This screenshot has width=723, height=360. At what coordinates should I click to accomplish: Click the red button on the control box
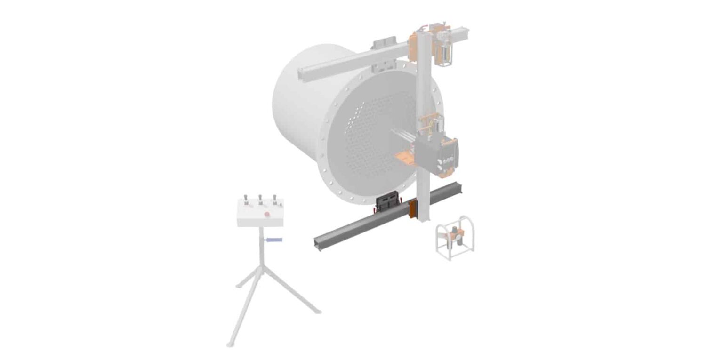(266, 215)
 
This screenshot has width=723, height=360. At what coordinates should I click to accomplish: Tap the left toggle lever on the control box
(245, 200)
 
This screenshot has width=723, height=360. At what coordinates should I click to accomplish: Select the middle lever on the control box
(260, 199)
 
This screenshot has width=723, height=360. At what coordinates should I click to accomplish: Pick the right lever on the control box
(274, 198)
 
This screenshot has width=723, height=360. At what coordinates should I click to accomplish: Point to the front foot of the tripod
(230, 344)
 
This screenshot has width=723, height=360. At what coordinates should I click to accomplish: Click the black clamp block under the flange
(387, 202)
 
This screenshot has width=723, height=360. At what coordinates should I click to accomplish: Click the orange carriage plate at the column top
(414, 45)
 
